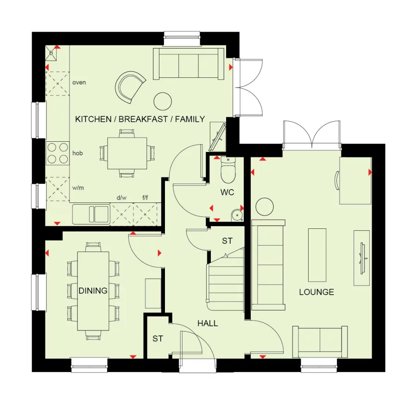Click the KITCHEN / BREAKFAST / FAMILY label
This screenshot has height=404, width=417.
140,119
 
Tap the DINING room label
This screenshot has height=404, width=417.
93,291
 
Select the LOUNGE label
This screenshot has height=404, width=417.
316,292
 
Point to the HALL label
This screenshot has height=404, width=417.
208,323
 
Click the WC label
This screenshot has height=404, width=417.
227,192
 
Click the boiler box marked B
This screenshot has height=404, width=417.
51,54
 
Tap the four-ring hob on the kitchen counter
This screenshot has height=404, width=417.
57,153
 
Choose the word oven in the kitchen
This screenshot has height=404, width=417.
79,82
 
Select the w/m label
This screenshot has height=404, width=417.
78,188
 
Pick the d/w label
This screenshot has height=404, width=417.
121,198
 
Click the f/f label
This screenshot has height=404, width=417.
145,198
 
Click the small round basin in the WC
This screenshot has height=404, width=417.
237,214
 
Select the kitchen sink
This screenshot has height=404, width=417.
91,215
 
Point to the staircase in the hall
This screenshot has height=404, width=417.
226,280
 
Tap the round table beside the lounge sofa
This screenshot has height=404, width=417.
265,206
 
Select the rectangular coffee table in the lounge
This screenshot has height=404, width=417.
317,254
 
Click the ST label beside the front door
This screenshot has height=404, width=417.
158,339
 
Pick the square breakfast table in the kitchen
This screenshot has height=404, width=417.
127,153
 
